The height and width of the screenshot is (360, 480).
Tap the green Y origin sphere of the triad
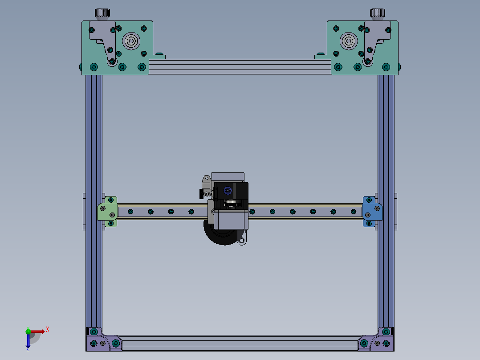pos(28,331)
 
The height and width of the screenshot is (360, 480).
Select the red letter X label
pos(48,329)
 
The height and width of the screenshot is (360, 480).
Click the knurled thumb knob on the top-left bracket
pos(102,13)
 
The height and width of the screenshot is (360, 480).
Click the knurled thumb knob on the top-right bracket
pos(378,13)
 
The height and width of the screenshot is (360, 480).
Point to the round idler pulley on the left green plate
pos(131,41)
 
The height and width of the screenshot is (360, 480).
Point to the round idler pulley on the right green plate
pos(349,41)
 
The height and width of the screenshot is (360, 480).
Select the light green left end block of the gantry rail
pos(107,211)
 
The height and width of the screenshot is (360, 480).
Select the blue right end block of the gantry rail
pos(373,211)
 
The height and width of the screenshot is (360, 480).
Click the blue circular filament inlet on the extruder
pos(228,191)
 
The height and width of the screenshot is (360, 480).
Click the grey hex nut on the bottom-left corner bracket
pos(103,344)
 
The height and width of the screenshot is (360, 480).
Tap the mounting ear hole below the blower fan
pos(242,241)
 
